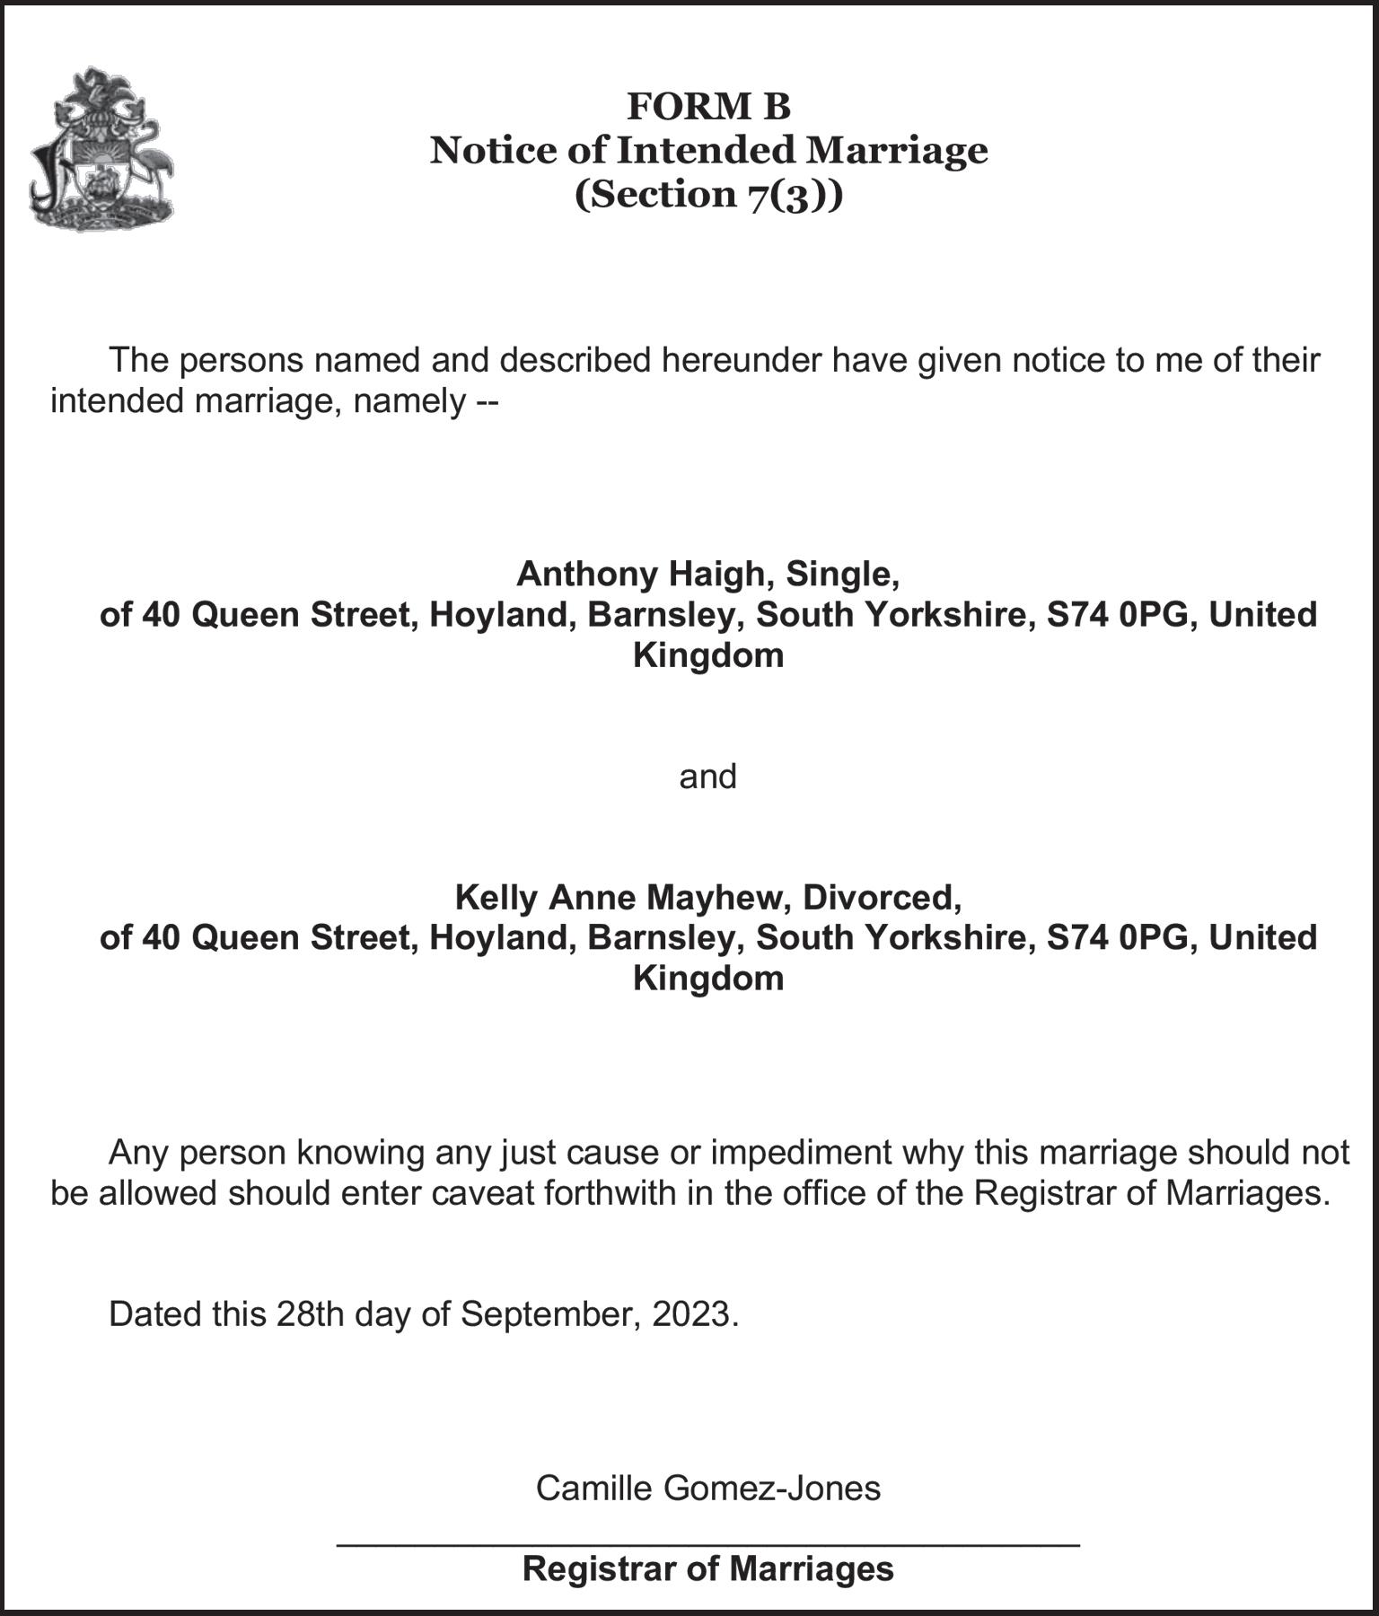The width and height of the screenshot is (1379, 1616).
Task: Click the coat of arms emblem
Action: [101, 149]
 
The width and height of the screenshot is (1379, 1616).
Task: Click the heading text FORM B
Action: [708, 107]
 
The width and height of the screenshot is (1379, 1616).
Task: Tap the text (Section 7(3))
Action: [708, 194]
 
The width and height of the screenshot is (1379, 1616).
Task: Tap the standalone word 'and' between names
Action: [707, 776]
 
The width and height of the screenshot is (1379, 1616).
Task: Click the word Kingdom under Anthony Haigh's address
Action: [708, 654]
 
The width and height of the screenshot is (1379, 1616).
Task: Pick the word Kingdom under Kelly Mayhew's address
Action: [708, 977]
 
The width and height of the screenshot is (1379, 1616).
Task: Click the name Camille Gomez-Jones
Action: [708, 1489]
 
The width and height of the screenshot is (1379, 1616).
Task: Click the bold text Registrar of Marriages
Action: [708, 1568]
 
